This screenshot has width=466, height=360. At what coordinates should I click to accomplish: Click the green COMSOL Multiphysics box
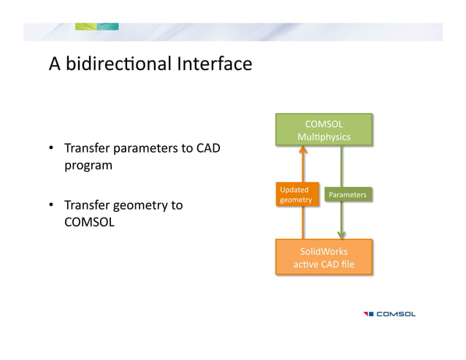[324, 130]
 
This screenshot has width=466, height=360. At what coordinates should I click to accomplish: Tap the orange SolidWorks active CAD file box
[324, 257]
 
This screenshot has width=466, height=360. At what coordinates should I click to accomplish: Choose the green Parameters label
[347, 195]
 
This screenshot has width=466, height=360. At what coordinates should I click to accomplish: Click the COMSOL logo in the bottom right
[389, 314]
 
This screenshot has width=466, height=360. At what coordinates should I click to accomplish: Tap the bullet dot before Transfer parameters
[53, 150]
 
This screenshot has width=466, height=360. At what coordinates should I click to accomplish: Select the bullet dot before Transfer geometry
[53, 206]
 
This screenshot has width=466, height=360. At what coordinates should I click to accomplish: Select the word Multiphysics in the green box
[324, 137]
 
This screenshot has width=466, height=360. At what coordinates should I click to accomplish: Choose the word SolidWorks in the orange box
[324, 250]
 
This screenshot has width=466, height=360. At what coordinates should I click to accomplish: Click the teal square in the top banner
[108, 27]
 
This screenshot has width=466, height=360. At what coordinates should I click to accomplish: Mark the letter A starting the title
[54, 65]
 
